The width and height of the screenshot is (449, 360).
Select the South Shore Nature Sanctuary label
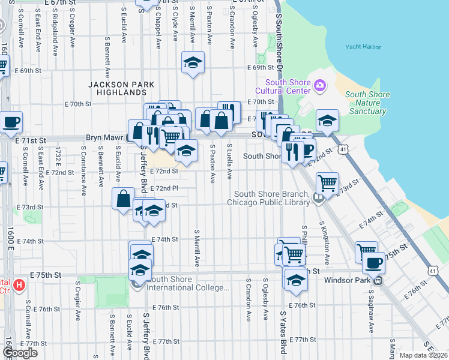click(x=367, y=103)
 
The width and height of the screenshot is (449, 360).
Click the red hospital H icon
click(x=20, y=284)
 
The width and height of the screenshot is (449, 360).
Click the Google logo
click(x=20, y=353)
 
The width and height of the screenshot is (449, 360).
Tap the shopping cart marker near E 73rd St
click(x=327, y=182)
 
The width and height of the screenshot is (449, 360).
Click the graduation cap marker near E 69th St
click(x=193, y=62)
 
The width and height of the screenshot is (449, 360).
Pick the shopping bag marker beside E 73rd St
click(x=124, y=199)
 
